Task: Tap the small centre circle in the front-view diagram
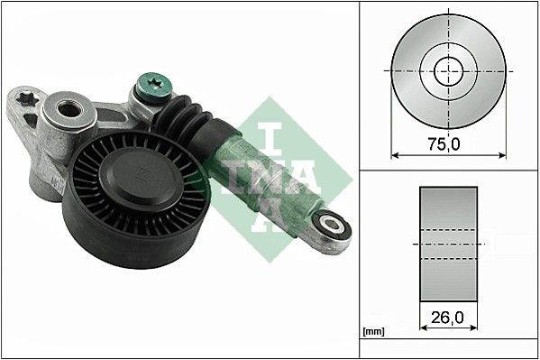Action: (448, 69)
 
